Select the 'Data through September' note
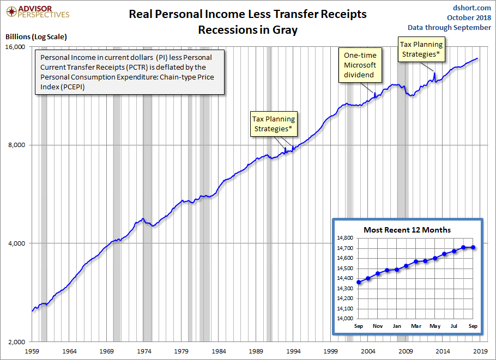[x=449, y=27]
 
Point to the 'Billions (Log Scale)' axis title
[x=36, y=37]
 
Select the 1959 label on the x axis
[x=33, y=351]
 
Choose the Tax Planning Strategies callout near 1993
[x=273, y=124]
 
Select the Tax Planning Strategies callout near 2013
[x=421, y=49]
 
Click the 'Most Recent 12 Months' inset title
[x=407, y=230]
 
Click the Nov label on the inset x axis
[x=378, y=326]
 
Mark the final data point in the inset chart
[x=473, y=247]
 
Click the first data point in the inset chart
[x=359, y=282]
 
